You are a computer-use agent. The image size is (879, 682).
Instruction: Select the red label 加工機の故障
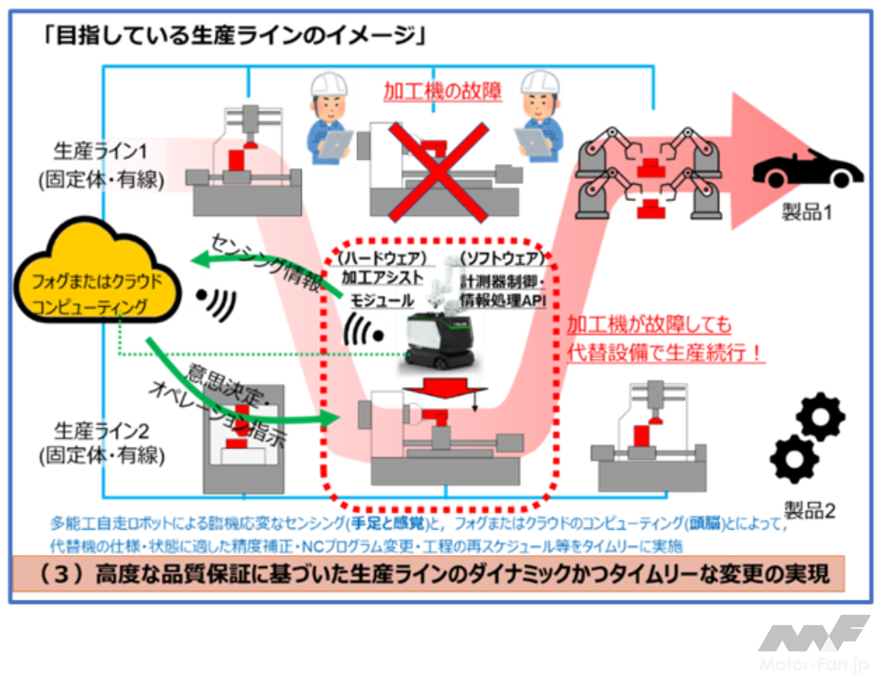[x=442, y=91]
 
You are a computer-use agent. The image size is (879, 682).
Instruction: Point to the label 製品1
[x=808, y=213]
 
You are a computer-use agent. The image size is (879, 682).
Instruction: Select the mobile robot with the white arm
[x=437, y=320]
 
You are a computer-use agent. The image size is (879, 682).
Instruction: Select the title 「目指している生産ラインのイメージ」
[x=238, y=35]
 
